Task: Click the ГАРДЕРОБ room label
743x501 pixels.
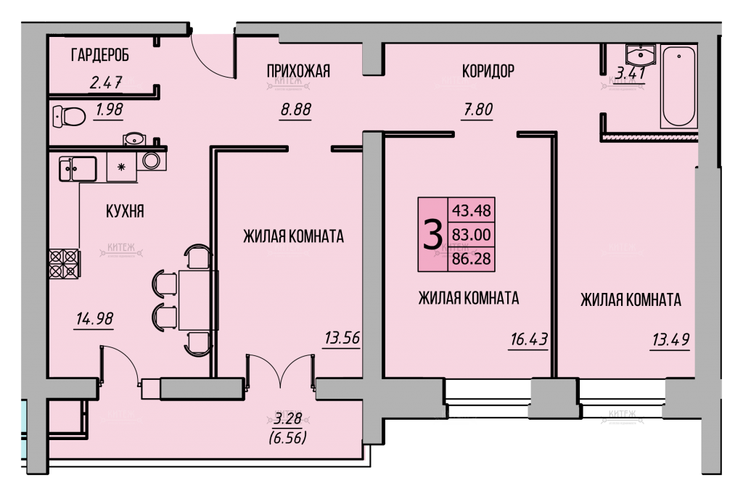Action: coord(100,55)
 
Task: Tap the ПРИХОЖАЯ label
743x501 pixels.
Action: coord(298,71)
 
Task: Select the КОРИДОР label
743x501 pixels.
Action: coord(488,71)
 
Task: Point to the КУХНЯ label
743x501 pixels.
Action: coord(125,211)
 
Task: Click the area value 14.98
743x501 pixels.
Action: coord(94,319)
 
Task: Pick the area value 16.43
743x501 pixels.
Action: coord(529,339)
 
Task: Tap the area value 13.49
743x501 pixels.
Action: coord(670,339)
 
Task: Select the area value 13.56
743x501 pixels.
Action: coord(342,338)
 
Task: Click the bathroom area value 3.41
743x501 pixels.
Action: coord(631,73)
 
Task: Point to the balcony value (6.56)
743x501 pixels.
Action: coord(287,437)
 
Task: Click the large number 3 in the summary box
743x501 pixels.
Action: coord(432,235)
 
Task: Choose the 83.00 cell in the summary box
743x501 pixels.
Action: coord(472,234)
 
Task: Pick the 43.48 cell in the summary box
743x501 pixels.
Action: coord(472,210)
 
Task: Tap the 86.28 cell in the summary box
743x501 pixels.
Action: coord(472,259)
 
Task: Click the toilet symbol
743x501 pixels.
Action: coord(69,116)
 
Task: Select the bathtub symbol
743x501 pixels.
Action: coord(678,87)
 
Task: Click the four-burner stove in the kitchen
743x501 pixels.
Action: coord(64,264)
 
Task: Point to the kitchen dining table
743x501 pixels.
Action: coord(197,299)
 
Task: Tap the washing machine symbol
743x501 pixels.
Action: coord(152,160)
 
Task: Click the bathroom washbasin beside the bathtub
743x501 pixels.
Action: coord(641,54)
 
